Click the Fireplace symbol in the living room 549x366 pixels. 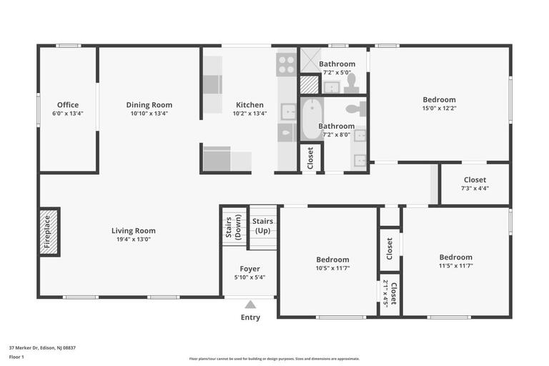[49, 232]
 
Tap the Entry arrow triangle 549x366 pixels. [250, 305]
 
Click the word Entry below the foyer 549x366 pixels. [250, 317]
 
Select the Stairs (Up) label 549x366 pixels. [263, 226]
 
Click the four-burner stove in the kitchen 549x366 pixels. [286, 66]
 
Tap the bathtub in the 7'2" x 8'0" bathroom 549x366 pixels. [311, 119]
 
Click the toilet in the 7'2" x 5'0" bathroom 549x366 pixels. [352, 84]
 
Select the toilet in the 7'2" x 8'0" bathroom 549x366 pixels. [355, 109]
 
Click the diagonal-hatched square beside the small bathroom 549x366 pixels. [309, 85]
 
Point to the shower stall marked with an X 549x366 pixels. [309, 60]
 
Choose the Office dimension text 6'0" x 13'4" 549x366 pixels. [68, 114]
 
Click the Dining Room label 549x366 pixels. [149, 105]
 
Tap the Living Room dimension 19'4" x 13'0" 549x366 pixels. [133, 239]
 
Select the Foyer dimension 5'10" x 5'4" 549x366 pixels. [249, 277]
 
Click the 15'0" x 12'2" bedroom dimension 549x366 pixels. [439, 109]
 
